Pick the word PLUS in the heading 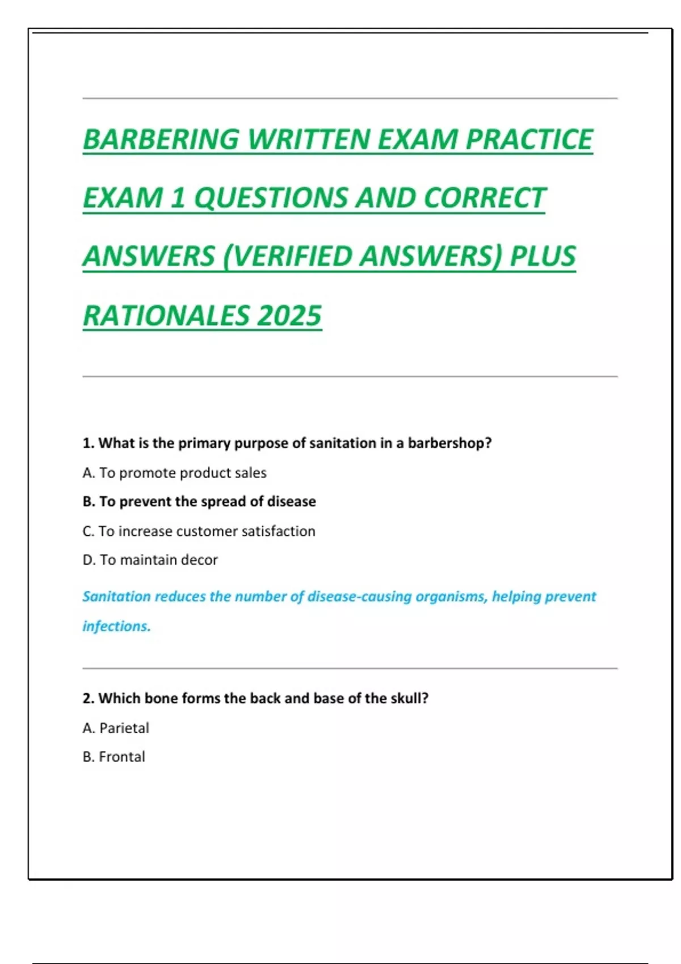(543, 256)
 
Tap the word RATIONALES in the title (165, 316)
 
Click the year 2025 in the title (289, 316)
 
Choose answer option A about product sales (174, 473)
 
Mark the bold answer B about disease (199, 502)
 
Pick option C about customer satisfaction (199, 531)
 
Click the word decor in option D (199, 560)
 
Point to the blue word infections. (116, 626)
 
